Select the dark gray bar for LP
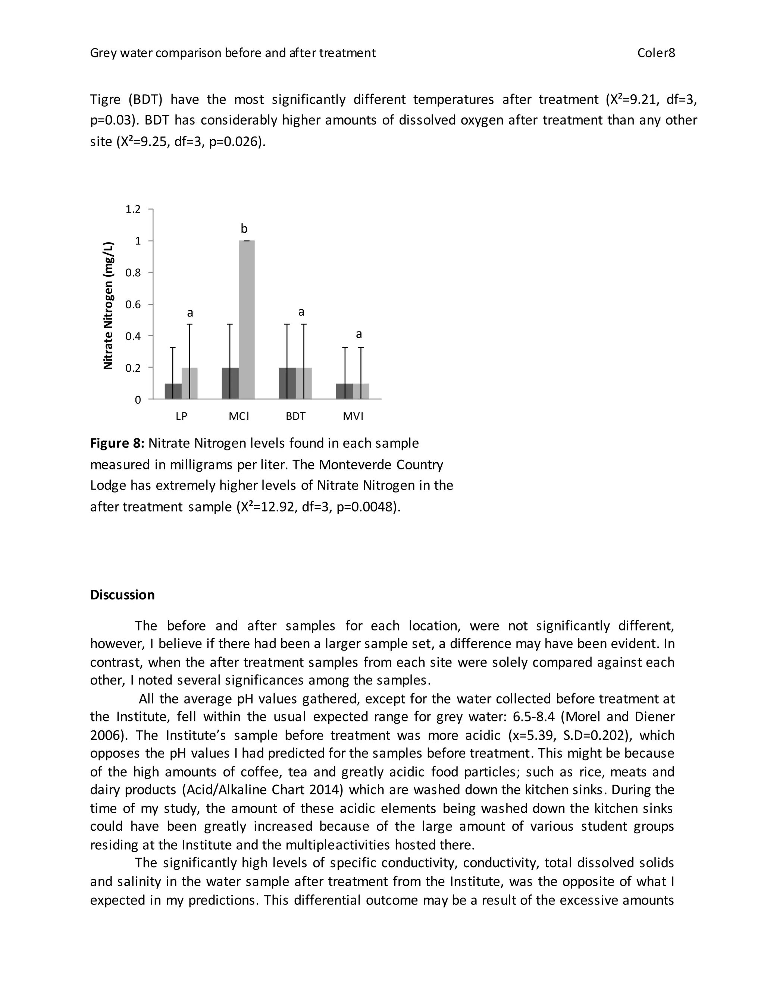(173, 391)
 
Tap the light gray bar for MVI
(365, 391)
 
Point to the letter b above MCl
(244, 229)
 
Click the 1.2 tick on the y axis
(134, 209)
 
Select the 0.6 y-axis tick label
(134, 305)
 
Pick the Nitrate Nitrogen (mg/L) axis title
(108, 306)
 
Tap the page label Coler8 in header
(656, 53)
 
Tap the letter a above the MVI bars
(359, 334)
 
